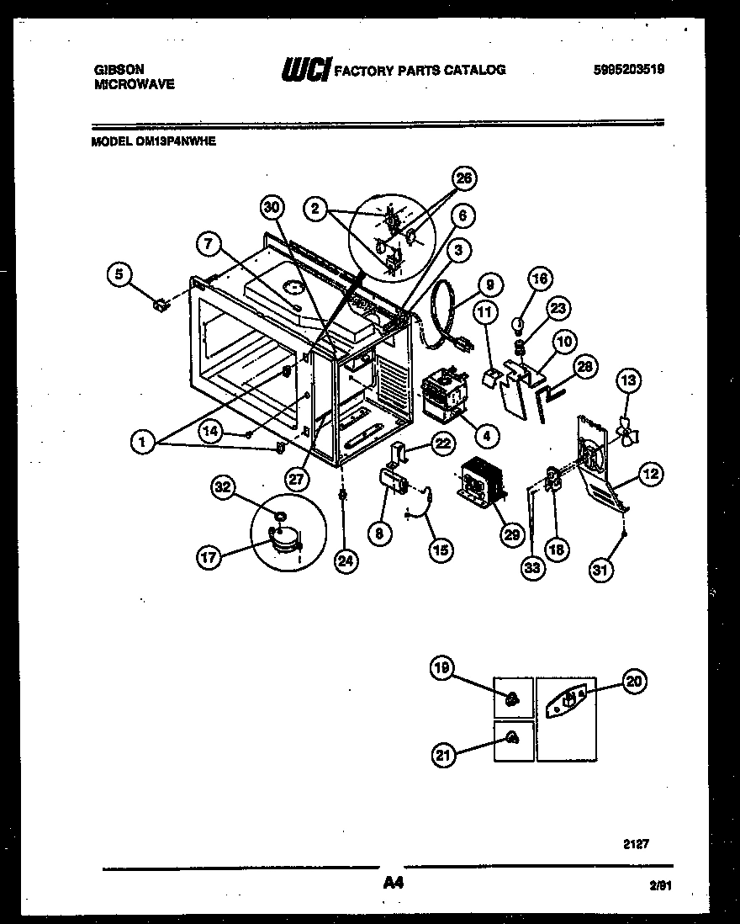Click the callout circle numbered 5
(x=120, y=273)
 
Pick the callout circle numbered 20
(x=635, y=682)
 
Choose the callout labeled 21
(x=443, y=756)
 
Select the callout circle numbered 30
(x=270, y=208)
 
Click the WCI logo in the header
(x=305, y=71)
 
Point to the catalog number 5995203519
(x=628, y=71)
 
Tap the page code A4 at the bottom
(x=392, y=884)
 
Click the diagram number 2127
(x=637, y=841)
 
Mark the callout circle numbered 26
(x=462, y=178)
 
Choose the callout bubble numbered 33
(x=532, y=570)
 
